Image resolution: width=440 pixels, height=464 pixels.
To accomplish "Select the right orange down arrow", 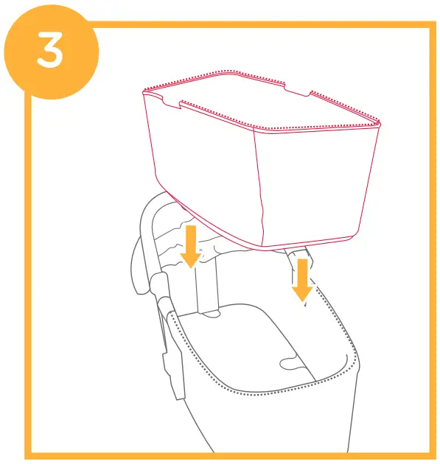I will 300,279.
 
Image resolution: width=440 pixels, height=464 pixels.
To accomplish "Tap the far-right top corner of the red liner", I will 380,122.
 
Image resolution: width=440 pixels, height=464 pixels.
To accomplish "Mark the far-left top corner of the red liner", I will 143,89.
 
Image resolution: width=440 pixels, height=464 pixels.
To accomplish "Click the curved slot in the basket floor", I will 291,361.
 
